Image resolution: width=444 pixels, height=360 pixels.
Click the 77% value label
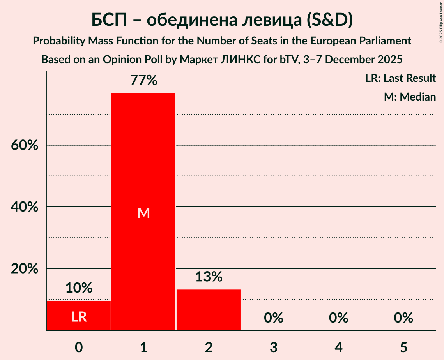[144, 81]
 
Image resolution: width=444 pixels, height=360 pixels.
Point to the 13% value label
[209, 277]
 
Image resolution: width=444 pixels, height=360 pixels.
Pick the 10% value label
[79, 288]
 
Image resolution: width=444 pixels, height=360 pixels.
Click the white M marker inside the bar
[144, 213]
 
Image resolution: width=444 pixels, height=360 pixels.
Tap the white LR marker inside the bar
[79, 317]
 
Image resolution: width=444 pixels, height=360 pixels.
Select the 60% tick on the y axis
[24, 145]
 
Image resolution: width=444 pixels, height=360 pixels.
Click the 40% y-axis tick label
[24, 207]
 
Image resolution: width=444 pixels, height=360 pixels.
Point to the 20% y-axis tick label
[24, 269]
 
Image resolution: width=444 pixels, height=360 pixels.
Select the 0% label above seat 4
[338, 318]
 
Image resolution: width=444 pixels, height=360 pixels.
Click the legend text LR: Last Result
[401, 78]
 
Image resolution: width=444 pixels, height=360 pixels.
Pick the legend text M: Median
[410, 97]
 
